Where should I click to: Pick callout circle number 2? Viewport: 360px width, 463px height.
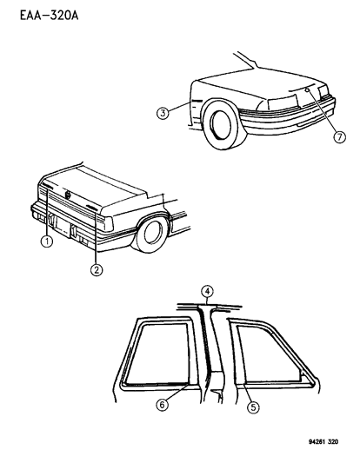[x=97, y=270]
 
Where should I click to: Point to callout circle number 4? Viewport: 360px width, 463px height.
[x=207, y=290]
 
